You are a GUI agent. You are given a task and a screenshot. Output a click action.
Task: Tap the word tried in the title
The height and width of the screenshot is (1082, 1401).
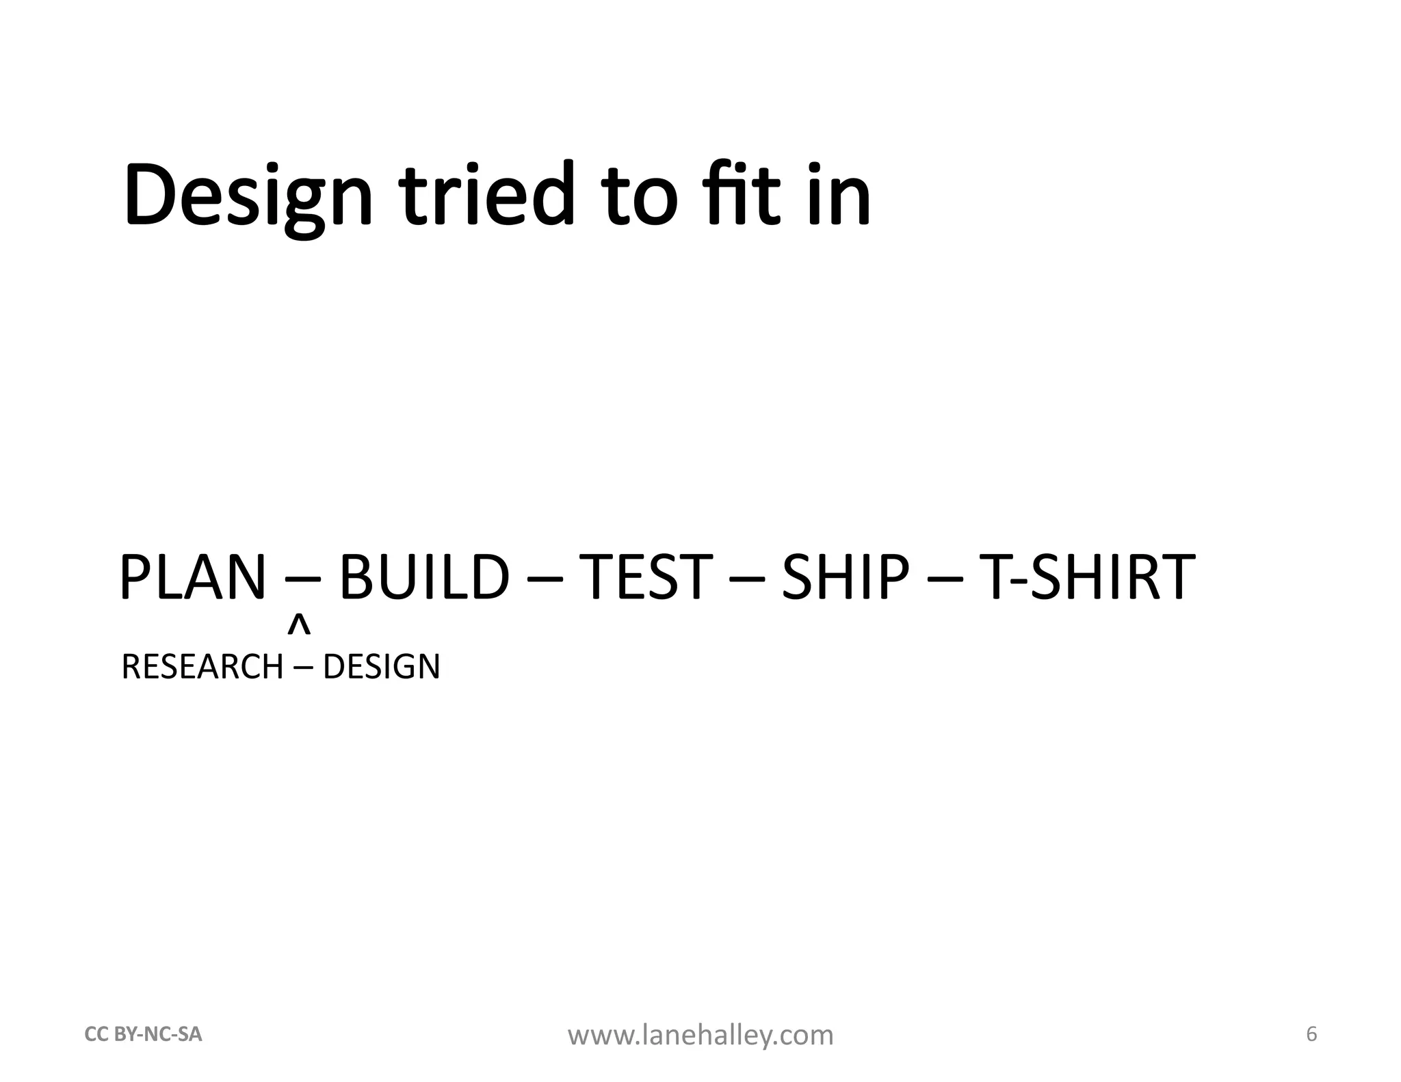(x=486, y=195)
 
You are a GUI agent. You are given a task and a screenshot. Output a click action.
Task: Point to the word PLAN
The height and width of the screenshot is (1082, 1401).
(x=192, y=578)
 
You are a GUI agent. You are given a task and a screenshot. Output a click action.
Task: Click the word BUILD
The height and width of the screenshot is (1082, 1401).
(x=424, y=578)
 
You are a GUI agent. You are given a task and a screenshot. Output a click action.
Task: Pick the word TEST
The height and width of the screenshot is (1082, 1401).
(x=645, y=578)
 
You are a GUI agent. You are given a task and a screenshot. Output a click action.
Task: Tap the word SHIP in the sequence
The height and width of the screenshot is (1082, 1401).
(x=846, y=578)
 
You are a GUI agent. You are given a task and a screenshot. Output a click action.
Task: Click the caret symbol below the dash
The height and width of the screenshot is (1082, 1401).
(x=299, y=625)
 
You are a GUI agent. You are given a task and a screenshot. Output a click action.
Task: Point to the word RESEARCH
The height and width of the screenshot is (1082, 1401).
(x=202, y=667)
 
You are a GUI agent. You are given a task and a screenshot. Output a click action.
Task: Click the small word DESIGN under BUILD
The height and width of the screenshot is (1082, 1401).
(x=381, y=667)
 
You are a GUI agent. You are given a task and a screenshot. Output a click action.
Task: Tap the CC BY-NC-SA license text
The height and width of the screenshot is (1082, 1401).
(x=143, y=1035)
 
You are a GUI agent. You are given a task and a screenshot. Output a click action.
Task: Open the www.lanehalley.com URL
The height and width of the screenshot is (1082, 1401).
(x=700, y=1035)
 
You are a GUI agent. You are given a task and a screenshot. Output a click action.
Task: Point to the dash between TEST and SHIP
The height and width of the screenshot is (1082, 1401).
(x=747, y=583)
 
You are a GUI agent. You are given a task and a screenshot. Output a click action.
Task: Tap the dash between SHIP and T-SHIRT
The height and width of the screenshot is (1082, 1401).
(x=945, y=583)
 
